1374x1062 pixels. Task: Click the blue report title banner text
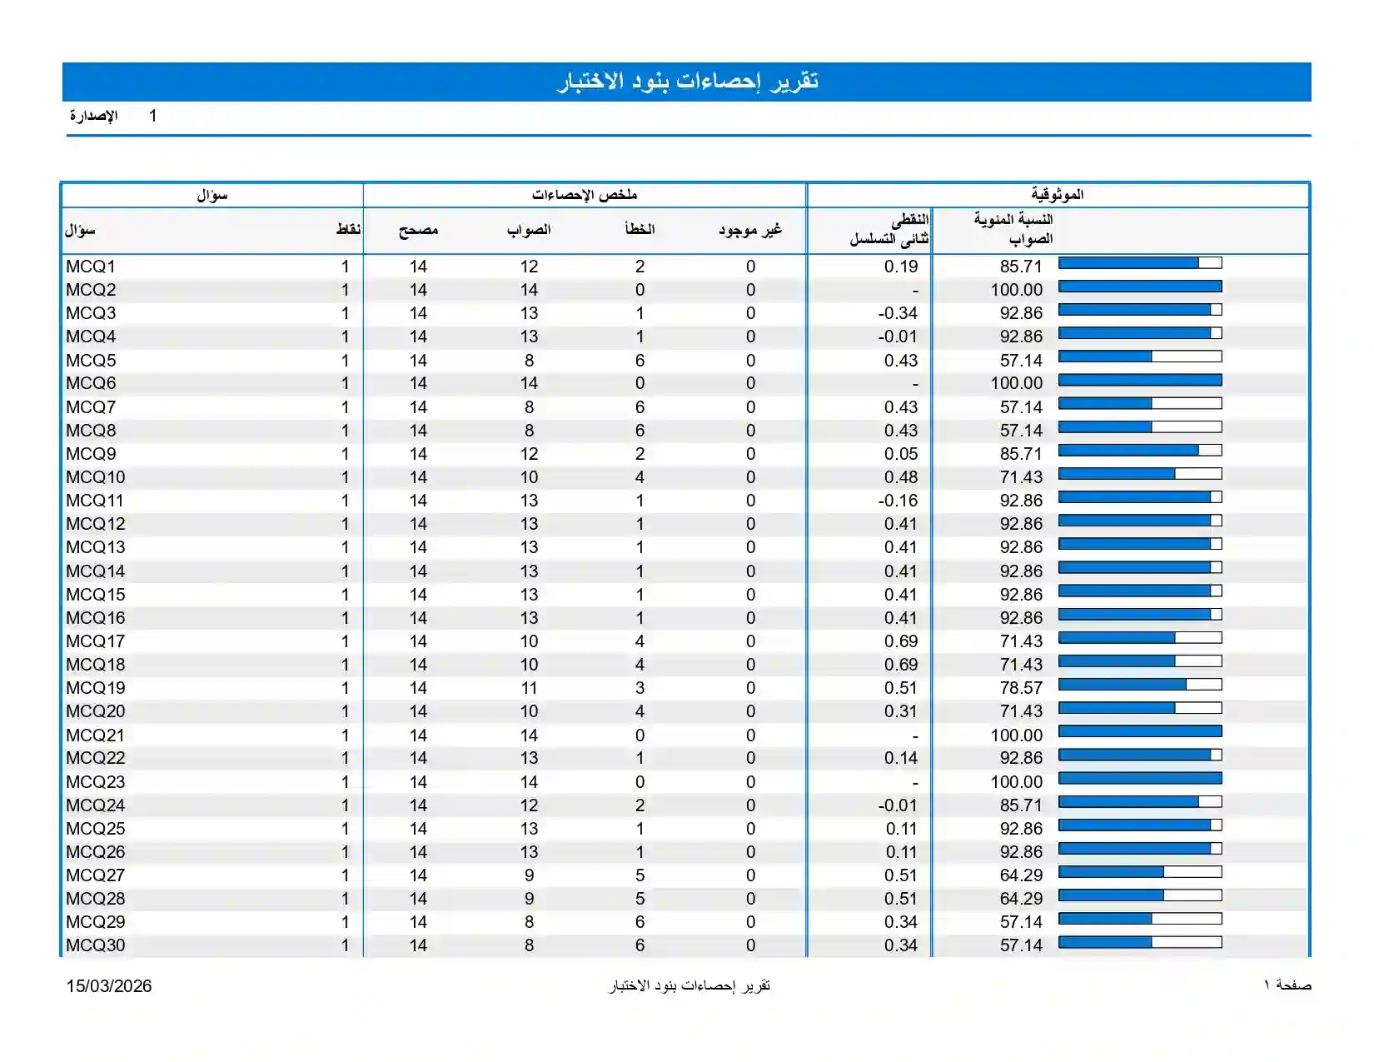pyautogui.click(x=687, y=82)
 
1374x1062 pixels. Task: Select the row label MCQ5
pyautogui.click(x=91, y=361)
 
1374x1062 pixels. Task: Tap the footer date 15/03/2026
pyautogui.click(x=109, y=986)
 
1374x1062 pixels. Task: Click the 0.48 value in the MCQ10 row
pyautogui.click(x=900, y=477)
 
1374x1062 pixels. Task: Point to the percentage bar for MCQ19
pyautogui.click(x=1140, y=685)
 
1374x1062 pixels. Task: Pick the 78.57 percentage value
pyautogui.click(x=1021, y=687)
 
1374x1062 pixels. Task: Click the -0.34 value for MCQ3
pyautogui.click(x=897, y=313)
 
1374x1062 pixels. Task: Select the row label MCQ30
pyautogui.click(x=96, y=945)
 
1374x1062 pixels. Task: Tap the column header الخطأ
pyautogui.click(x=640, y=229)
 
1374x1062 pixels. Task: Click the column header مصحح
pyautogui.click(x=419, y=230)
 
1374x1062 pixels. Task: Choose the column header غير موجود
pyautogui.click(x=750, y=230)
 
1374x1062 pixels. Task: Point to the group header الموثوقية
pyautogui.click(x=1058, y=195)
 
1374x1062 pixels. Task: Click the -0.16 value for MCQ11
pyautogui.click(x=897, y=501)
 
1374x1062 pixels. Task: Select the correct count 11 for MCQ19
pyautogui.click(x=530, y=687)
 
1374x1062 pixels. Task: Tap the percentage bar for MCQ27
pyautogui.click(x=1140, y=871)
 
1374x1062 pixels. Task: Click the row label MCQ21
pyautogui.click(x=95, y=735)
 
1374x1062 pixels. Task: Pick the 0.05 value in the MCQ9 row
pyautogui.click(x=900, y=453)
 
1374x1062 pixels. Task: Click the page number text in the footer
pyautogui.click(x=1287, y=985)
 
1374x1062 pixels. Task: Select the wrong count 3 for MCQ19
pyautogui.click(x=640, y=687)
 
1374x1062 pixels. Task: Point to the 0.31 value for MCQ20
pyautogui.click(x=900, y=711)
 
